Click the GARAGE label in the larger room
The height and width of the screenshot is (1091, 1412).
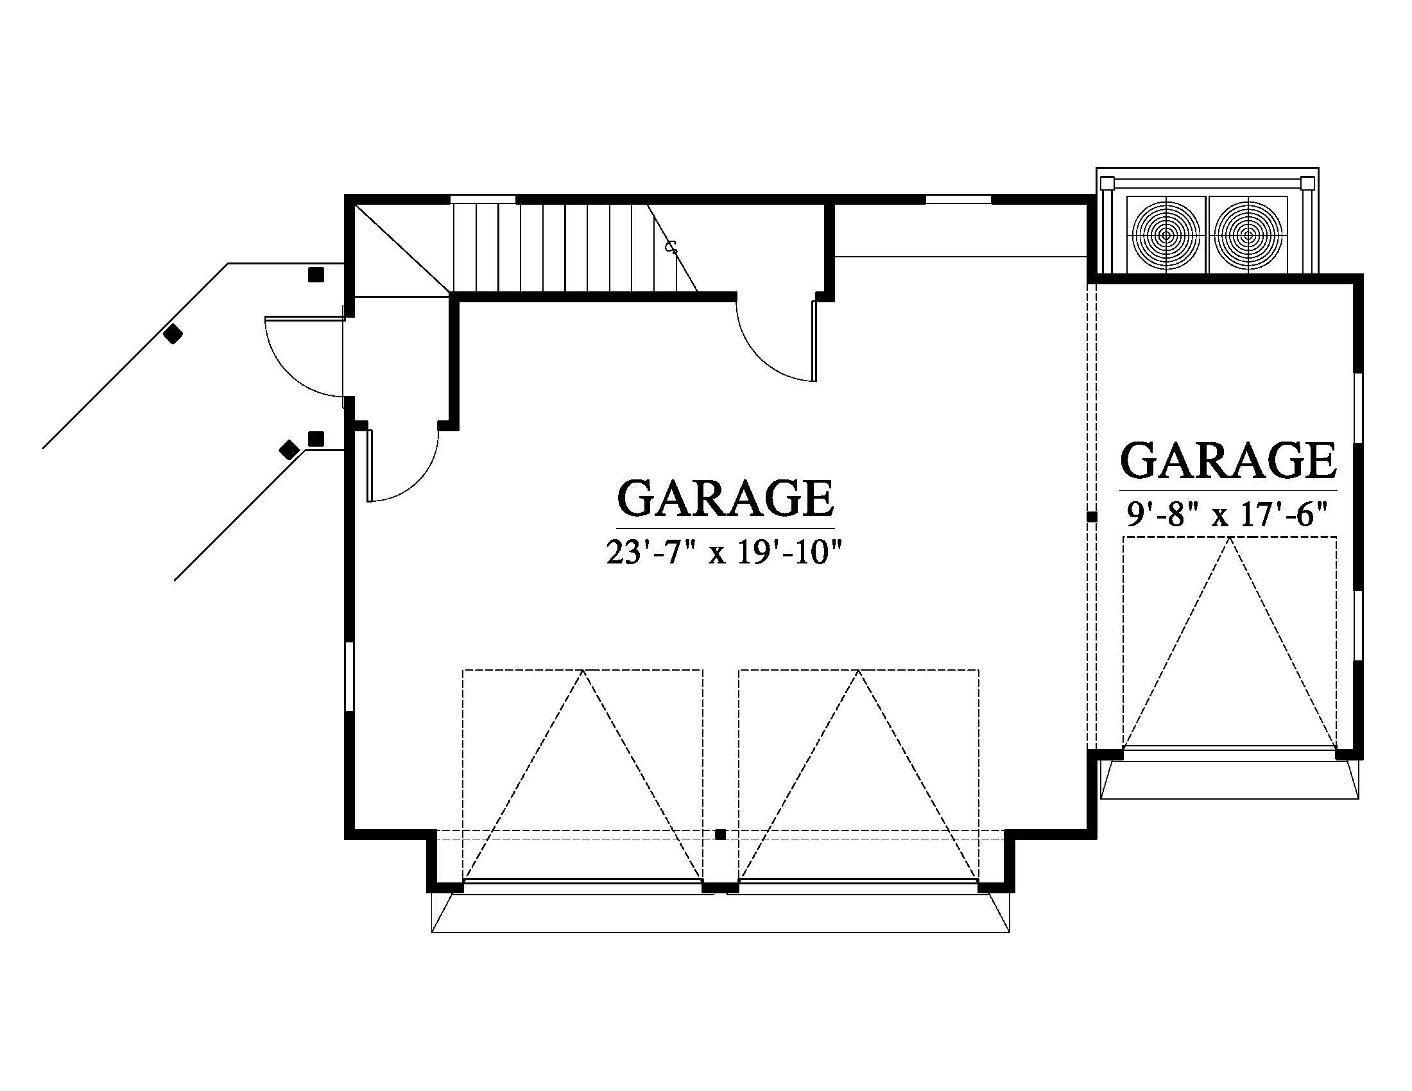pyautogui.click(x=725, y=497)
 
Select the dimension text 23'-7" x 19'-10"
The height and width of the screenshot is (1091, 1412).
pyautogui.click(x=725, y=553)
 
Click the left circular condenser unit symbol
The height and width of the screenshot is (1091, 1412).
pyautogui.click(x=1166, y=235)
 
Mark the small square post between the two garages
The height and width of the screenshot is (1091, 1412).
pyautogui.click(x=1092, y=517)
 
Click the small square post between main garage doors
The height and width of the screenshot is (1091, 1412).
pyautogui.click(x=720, y=835)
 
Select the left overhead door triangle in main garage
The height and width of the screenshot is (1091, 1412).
pyautogui.click(x=583, y=776)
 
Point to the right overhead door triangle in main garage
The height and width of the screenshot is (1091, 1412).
pyautogui.click(x=859, y=776)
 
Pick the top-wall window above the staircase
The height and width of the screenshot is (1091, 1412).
pyautogui.click(x=482, y=199)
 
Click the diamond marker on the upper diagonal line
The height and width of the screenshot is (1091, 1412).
pyautogui.click(x=173, y=334)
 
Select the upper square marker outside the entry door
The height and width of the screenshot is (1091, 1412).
pyautogui.click(x=316, y=275)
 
